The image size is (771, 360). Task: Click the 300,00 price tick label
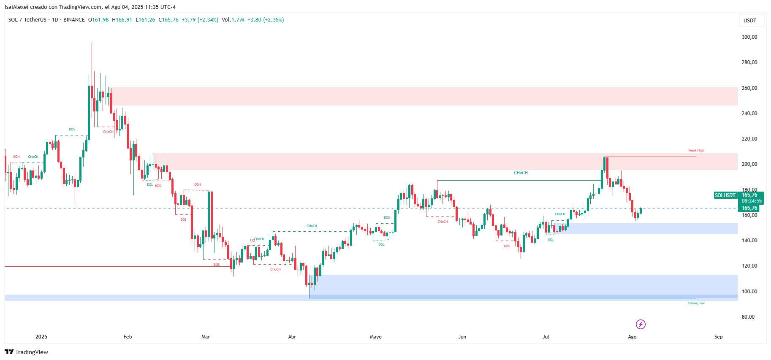point(749,37)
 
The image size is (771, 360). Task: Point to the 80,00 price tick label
point(748,317)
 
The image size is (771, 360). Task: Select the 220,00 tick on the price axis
point(749,139)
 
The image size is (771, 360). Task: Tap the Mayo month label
point(375,337)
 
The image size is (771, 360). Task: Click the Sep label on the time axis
point(718,337)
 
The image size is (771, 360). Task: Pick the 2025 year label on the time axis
point(41,337)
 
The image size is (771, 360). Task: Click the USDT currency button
point(750,21)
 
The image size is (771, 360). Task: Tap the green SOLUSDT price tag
point(725,195)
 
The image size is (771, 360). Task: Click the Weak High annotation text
point(696,150)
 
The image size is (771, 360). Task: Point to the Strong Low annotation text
point(696,303)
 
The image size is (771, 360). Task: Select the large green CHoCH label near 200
point(521,173)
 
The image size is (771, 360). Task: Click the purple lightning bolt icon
point(641,324)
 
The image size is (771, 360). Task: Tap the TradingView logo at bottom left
point(26,352)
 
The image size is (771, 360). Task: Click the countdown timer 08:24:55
point(752,201)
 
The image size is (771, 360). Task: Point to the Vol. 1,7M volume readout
point(233,20)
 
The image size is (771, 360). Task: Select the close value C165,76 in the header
point(168,20)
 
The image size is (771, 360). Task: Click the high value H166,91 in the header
point(122,20)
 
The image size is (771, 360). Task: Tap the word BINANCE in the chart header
point(74,20)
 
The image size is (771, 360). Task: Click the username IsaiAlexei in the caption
point(16,7)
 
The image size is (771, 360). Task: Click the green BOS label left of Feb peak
point(72,130)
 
